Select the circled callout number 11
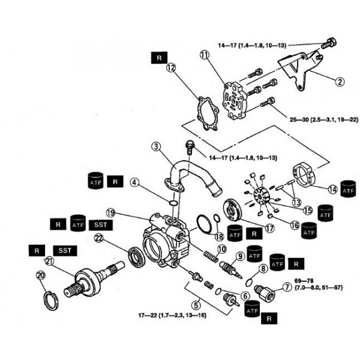pyautogui.click(x=204, y=55)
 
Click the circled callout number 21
pyautogui.click(x=50, y=260)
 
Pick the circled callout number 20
pyautogui.click(x=40, y=275)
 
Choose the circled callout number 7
pyautogui.click(x=286, y=287)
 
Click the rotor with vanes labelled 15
pyautogui.click(x=260, y=196)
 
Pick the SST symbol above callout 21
pyautogui.click(x=64, y=248)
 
